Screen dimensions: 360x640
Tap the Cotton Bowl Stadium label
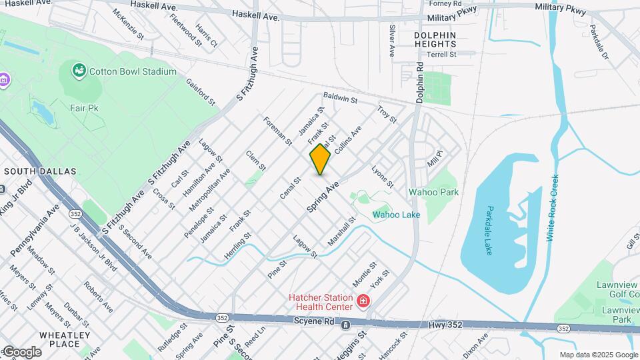point(133,71)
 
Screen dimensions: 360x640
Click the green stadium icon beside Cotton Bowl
point(79,69)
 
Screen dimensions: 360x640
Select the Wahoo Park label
point(443,192)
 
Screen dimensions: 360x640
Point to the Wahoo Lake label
point(396,215)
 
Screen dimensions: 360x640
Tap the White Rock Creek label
point(553,208)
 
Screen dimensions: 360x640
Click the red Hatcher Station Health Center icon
point(363,301)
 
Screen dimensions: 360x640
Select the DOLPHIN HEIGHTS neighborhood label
point(435,39)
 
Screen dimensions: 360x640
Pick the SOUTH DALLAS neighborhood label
point(40,171)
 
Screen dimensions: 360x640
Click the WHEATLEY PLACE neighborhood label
point(65,339)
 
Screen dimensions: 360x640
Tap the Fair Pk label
point(84,107)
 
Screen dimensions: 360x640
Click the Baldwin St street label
point(341,99)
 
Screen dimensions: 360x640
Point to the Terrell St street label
point(441,55)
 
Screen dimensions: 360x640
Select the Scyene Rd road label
point(313,321)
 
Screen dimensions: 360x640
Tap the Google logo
point(21,351)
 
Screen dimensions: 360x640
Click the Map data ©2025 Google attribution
point(598,355)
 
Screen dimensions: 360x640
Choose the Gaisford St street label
point(201,93)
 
